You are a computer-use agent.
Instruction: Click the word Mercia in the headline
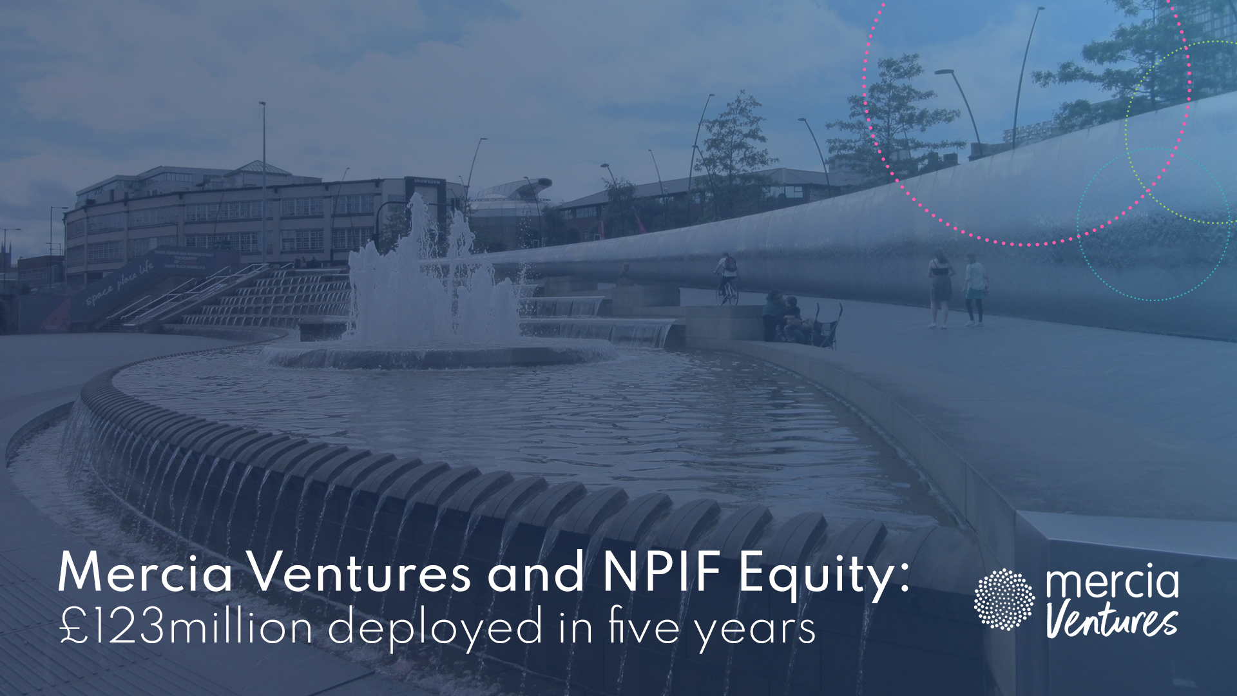click(145, 572)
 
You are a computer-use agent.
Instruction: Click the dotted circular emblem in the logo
click(1004, 599)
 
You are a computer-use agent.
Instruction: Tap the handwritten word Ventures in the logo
click(1111, 620)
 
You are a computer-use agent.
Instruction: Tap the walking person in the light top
click(975, 289)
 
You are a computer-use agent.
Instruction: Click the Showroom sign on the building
click(427, 182)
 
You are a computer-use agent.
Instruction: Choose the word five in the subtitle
click(644, 626)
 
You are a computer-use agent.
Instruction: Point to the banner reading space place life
click(119, 284)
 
